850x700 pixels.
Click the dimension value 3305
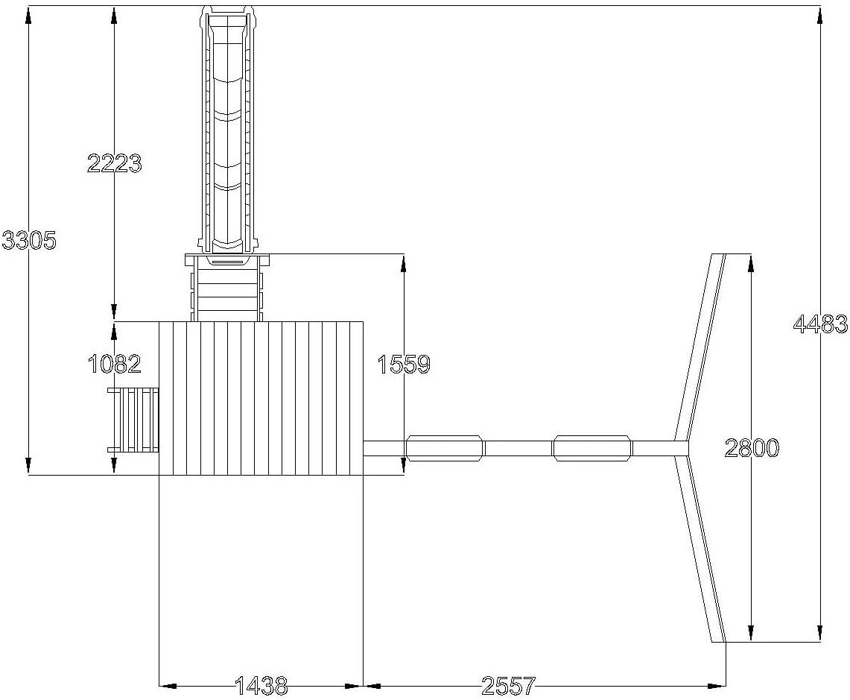click(x=29, y=240)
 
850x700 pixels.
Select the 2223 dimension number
click(x=115, y=163)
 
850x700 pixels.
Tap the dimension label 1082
click(x=115, y=364)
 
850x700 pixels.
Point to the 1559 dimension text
click(x=404, y=365)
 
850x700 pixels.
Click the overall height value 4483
click(x=820, y=324)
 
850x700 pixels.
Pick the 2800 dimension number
click(x=752, y=448)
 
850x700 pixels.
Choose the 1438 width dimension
click(x=261, y=686)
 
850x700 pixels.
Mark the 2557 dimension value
click(x=509, y=686)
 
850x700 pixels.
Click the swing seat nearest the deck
click(x=445, y=448)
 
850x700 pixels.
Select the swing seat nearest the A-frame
click(x=592, y=448)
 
